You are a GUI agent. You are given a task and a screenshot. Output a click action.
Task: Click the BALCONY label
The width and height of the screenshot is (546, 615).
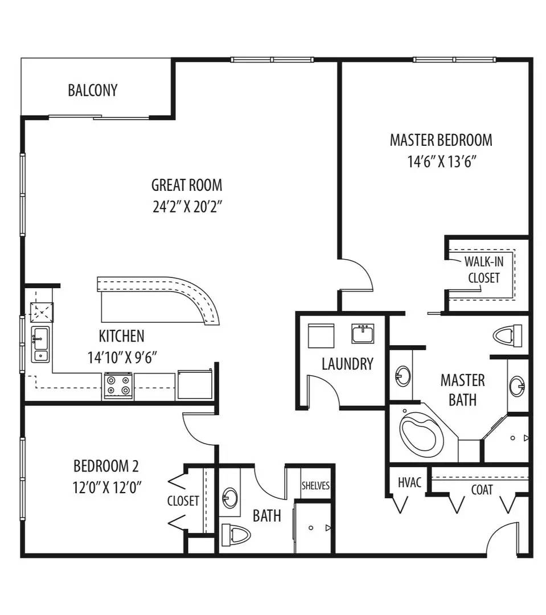click(x=92, y=91)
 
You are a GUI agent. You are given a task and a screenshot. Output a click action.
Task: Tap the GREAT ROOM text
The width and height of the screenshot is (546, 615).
click(x=187, y=185)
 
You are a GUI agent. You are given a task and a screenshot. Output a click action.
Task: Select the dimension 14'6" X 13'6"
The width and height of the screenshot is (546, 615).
click(x=441, y=162)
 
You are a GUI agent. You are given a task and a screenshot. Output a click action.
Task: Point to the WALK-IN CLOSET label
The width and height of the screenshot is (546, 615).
click(x=483, y=270)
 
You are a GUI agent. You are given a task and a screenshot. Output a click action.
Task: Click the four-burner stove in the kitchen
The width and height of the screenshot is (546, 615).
click(x=118, y=386)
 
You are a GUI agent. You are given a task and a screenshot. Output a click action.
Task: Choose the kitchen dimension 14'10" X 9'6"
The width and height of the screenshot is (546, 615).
click(x=122, y=358)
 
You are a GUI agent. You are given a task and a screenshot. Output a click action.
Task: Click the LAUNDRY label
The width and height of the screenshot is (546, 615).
click(x=347, y=364)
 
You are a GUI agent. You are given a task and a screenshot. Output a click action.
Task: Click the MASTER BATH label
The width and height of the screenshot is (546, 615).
click(x=462, y=389)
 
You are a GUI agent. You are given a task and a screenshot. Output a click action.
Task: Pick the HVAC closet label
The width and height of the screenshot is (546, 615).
click(x=409, y=483)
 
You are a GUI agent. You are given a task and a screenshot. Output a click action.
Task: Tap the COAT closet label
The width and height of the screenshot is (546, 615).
click(x=482, y=490)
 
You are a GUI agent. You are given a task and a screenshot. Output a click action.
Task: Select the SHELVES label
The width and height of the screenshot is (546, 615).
click(x=315, y=486)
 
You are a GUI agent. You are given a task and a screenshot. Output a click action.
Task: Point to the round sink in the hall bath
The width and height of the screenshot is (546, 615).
click(x=231, y=497)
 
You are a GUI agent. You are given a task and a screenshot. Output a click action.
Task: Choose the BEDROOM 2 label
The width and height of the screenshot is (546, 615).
click(x=106, y=466)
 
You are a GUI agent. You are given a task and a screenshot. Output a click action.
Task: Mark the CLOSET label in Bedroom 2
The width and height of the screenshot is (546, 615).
click(x=183, y=501)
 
